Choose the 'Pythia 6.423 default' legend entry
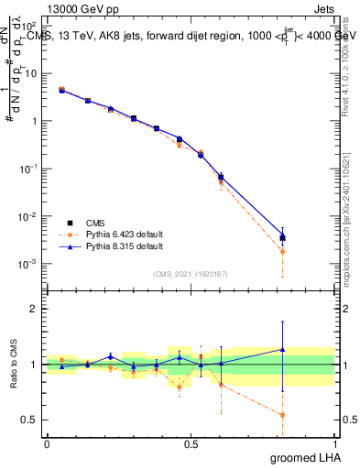click(x=111, y=234)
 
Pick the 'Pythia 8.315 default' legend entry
click(x=111, y=246)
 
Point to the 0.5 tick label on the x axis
click(x=191, y=443)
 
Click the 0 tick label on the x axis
click(x=47, y=443)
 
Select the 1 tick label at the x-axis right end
click(x=334, y=443)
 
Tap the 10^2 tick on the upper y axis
click(x=29, y=26)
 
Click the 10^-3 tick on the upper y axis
click(x=28, y=264)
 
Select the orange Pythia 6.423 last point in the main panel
click(x=282, y=251)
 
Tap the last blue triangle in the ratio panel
click(x=282, y=349)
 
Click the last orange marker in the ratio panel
click(x=282, y=415)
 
